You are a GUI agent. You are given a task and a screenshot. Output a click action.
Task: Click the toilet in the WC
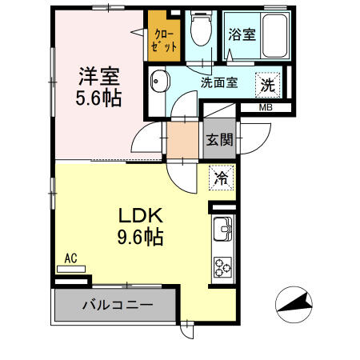coord(202,28)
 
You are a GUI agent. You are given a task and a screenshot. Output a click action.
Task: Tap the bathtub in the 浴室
coord(274,35)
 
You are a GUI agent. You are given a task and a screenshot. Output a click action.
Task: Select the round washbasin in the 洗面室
coord(160,81)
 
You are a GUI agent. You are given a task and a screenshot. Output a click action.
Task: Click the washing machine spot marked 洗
coord(267,85)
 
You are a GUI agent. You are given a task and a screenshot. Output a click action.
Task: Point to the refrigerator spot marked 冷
coord(221,178)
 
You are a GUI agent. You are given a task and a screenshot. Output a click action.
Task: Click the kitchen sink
coord(222,229)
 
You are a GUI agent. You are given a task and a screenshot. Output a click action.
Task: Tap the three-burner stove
coord(223,266)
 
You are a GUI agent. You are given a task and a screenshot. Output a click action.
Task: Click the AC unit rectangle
coord(71,269)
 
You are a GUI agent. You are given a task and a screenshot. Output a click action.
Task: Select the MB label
coord(266,108)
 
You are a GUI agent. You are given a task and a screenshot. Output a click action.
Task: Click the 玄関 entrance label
coord(220,139)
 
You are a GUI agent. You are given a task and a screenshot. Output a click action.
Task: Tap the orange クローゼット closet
coord(164,36)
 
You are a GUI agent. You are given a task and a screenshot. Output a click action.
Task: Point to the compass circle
coord(294,305)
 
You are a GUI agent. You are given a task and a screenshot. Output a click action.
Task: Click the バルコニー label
coord(118,305)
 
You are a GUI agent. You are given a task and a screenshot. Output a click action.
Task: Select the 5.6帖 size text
coord(98,98)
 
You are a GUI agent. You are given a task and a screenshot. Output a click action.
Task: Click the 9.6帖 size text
coord(141,237)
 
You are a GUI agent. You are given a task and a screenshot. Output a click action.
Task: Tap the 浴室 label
coord(242,34)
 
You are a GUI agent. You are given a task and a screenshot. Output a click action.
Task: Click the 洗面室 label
coord(219,82)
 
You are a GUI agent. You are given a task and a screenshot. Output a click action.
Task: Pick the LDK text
coord(141,215)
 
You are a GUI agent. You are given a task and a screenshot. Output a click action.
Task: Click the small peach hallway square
coord(182,140)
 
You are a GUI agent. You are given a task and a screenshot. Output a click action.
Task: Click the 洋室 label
coord(99,77)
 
